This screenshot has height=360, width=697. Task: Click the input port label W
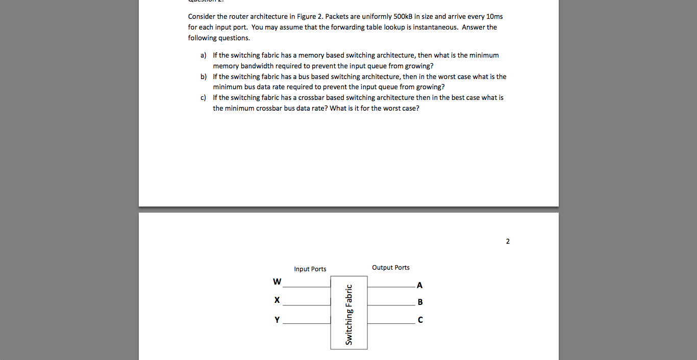(277, 281)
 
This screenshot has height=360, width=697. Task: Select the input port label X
(277, 300)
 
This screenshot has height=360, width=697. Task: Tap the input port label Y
(277, 320)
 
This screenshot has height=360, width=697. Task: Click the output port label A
(419, 285)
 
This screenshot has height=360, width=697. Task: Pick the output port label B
(420, 302)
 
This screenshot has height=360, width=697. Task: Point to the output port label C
(420, 320)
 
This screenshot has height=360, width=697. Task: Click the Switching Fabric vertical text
(349, 315)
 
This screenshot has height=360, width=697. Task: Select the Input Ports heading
(310, 269)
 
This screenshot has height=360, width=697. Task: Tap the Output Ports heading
(390, 268)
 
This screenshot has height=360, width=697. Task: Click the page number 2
(508, 241)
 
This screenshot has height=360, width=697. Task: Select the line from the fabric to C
(391, 323)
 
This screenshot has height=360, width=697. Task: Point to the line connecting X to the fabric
(307, 305)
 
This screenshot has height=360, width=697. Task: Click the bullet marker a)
(203, 55)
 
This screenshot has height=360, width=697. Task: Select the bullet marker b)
(203, 76)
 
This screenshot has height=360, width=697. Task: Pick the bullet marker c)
(203, 97)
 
